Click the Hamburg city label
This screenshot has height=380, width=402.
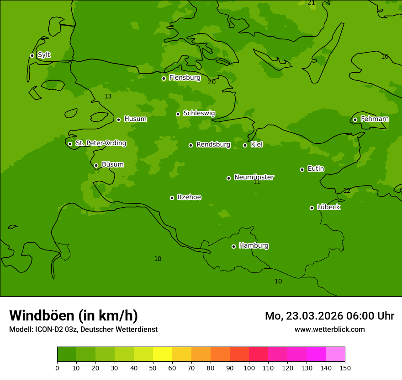254,245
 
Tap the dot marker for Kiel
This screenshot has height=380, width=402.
245,145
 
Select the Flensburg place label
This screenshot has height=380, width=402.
185,78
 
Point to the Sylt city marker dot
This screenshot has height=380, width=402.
32,55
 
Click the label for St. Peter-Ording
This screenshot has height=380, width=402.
100,143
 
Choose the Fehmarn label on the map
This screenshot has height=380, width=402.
375,119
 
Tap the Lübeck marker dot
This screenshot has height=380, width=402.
312,208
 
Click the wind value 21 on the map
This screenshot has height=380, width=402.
311,3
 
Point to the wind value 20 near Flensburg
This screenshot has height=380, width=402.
212,82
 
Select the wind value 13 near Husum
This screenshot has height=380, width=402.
108,96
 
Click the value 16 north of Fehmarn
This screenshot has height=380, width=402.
385,56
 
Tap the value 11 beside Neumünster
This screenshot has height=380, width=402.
257,182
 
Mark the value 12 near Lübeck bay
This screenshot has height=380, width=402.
347,190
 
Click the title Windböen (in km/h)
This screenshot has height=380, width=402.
74,315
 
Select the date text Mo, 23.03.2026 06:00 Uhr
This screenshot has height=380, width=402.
329,316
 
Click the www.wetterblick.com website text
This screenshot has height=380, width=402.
329,329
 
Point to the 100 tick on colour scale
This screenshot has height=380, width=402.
249,368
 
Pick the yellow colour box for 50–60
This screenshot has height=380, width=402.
163,354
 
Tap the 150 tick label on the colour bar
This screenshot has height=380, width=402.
345,368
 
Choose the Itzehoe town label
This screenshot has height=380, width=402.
189,197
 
